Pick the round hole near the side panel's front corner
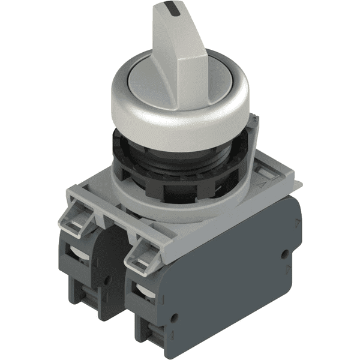[x=175, y=317]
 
